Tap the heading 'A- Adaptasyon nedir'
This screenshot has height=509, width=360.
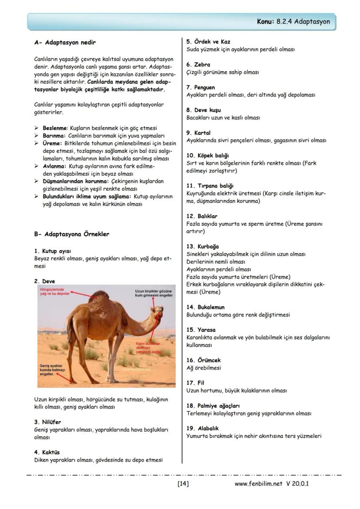(x=65, y=43)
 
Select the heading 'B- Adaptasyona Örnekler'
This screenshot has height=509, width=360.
(x=72, y=234)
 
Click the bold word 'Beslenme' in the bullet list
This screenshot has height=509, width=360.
(x=55, y=129)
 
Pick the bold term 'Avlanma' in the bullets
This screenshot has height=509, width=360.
(x=54, y=166)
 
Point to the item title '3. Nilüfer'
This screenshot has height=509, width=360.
(x=47, y=422)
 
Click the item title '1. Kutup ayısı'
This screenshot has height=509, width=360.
(x=52, y=251)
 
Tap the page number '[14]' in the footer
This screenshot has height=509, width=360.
(x=183, y=483)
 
